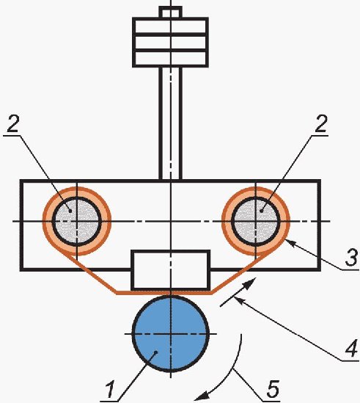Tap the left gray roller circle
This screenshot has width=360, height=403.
click(77, 222)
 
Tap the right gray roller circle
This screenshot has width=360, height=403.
click(256, 222)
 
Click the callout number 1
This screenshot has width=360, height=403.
click(111, 390)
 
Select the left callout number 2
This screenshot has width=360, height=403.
click(12, 123)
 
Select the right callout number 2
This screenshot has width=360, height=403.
click(321, 123)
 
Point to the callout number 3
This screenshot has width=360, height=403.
click(351, 257)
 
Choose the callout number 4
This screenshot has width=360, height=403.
click(351, 348)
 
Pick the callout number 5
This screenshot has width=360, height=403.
click(273, 388)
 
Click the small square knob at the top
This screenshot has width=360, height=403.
click(171, 12)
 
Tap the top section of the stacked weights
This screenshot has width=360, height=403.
click(171, 26)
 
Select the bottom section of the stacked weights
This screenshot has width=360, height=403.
click(171, 59)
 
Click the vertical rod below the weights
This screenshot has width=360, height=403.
click(171, 123)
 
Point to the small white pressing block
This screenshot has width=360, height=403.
click(171, 270)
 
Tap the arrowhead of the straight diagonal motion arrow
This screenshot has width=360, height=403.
click(250, 283)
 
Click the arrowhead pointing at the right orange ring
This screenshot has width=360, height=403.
click(290, 242)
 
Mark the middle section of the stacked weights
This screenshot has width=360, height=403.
click(171, 42)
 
